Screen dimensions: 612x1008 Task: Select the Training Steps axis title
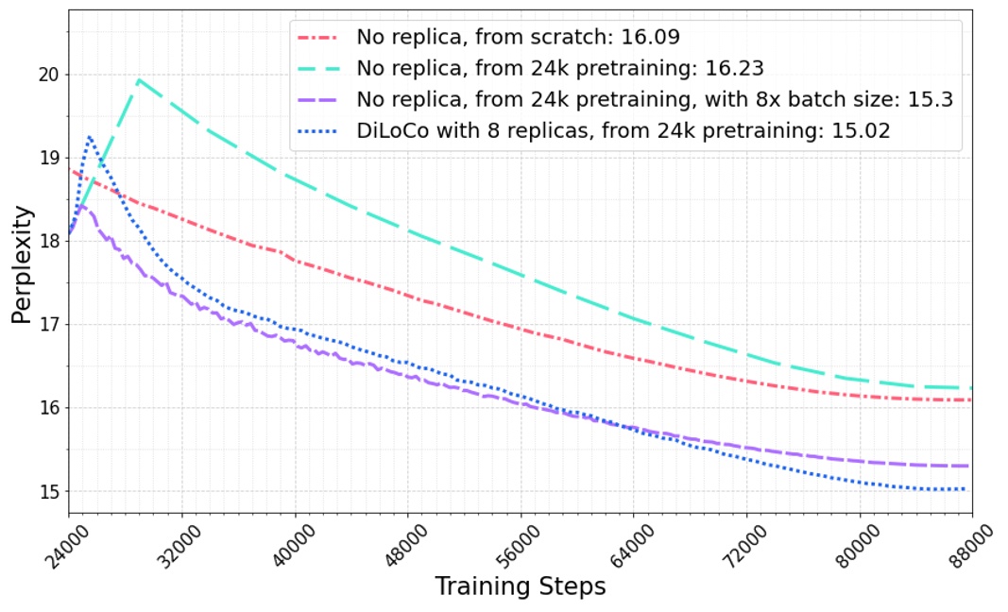520,586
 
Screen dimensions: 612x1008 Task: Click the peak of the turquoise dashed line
139,80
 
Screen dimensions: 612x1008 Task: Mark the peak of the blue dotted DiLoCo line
90,137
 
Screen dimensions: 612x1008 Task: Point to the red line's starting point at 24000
72,171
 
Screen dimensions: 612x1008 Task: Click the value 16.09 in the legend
649,38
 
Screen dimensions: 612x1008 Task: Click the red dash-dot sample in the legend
319,39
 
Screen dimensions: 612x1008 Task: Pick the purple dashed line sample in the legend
319,99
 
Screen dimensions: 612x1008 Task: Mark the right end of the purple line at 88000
969,466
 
